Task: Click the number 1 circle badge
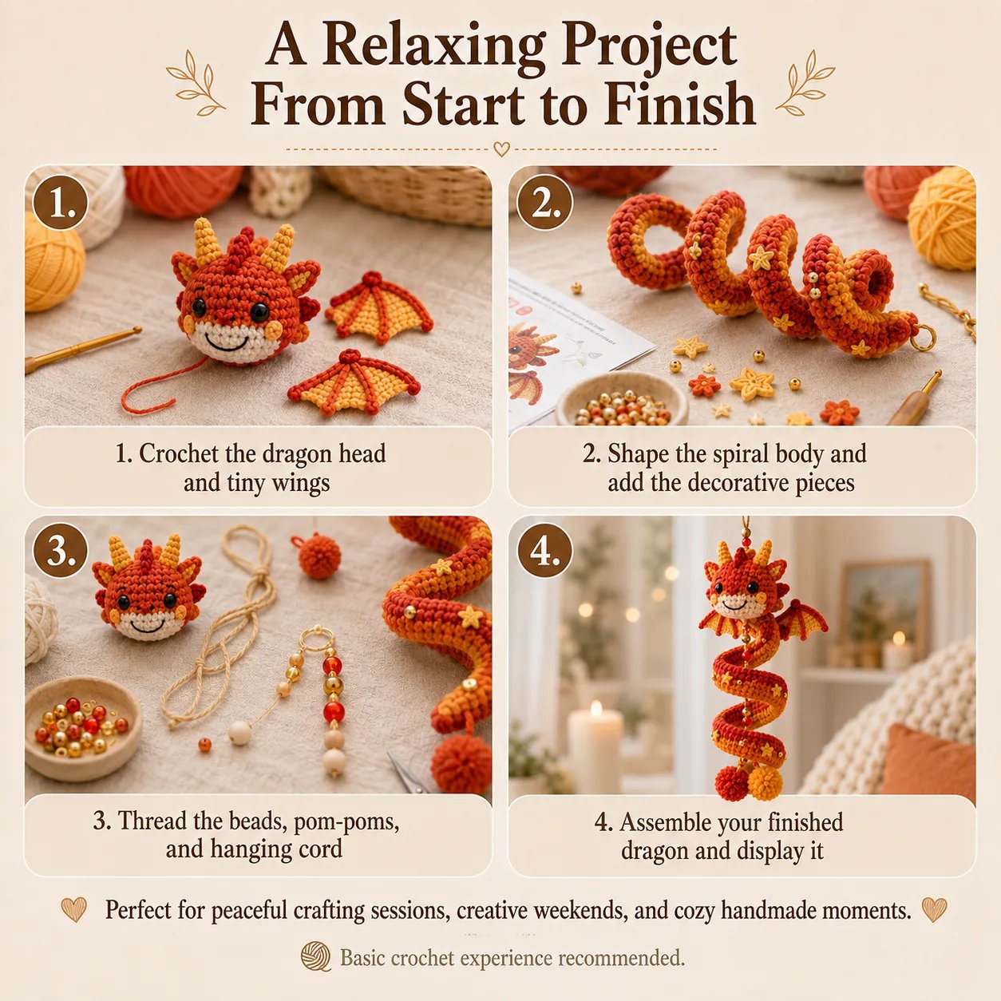(x=60, y=202)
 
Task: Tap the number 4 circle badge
(x=545, y=551)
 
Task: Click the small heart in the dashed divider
(x=501, y=149)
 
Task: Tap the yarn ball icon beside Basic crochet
(x=316, y=956)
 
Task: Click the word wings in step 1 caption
(x=300, y=484)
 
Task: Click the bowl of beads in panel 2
(x=622, y=399)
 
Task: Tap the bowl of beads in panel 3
(x=82, y=727)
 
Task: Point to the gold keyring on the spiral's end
(x=922, y=337)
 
